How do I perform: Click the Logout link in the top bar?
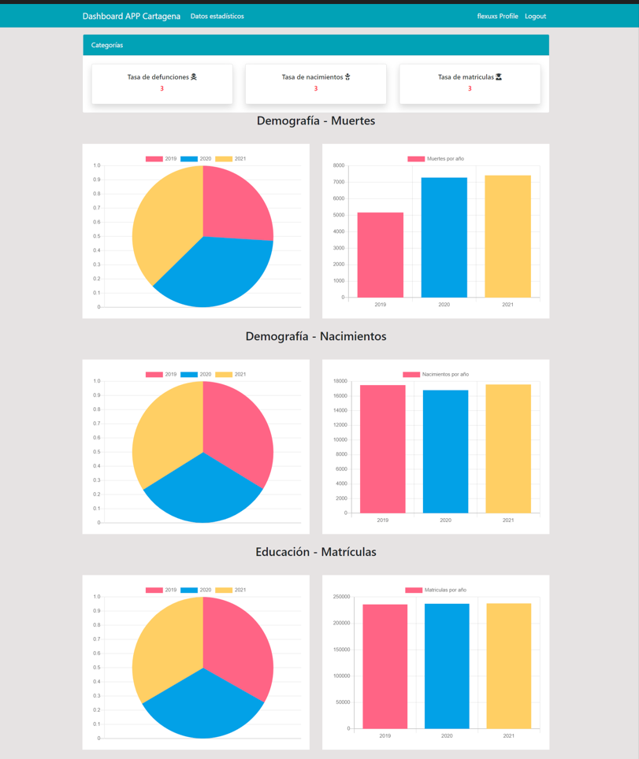coord(535,16)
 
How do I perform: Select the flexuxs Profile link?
coord(497,16)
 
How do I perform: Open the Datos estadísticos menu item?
coord(217,16)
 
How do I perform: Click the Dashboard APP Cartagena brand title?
coord(131,16)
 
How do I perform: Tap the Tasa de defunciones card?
coord(162,83)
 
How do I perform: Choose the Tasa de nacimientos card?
coord(315,83)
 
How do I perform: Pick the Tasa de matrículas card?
coord(470,83)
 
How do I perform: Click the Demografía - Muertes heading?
coord(315,121)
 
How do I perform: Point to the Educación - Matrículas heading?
coord(315,552)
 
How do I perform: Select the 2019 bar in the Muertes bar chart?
coord(380,255)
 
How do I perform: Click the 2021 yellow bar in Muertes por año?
coord(507,236)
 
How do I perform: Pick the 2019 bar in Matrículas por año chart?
coord(385,666)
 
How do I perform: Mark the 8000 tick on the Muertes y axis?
coord(338,165)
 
